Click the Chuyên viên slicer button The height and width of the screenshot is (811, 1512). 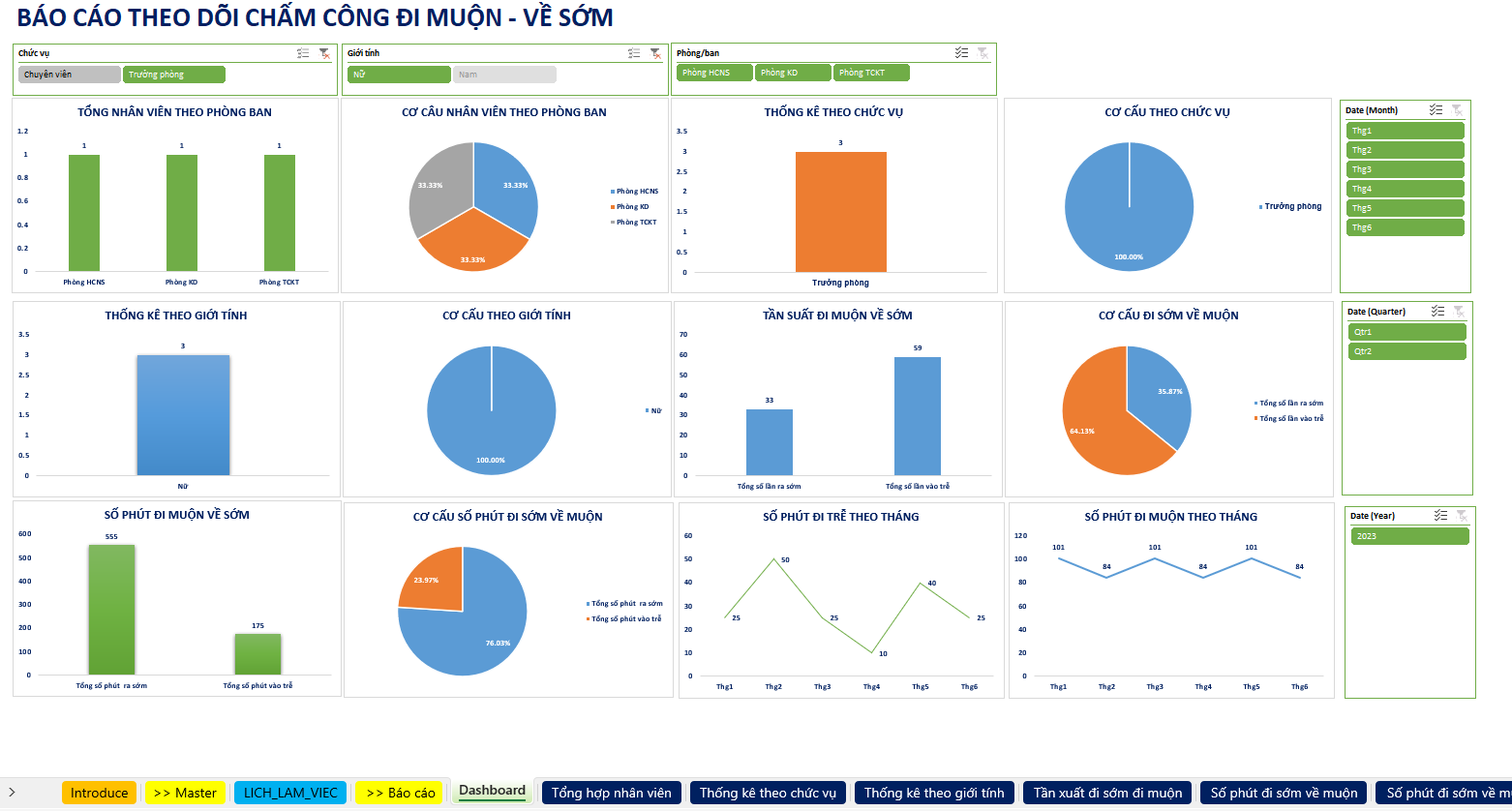(69, 75)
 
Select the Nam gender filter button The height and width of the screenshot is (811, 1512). (503, 75)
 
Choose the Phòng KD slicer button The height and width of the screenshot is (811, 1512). (793, 73)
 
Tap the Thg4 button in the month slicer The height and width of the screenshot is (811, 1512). (1405, 189)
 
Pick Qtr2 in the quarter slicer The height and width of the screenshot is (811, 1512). (1406, 351)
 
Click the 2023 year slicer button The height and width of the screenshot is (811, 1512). (1408, 536)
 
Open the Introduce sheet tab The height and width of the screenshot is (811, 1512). (99, 793)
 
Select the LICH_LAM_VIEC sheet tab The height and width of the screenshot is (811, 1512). (290, 793)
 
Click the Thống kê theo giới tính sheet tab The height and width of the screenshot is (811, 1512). (934, 793)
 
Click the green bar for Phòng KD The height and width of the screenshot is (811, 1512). (182, 213)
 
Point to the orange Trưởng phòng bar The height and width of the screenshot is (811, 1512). (840, 213)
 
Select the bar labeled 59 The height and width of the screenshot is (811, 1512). (917, 416)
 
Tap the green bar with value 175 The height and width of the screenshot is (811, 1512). (257, 654)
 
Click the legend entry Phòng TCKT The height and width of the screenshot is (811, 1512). (636, 222)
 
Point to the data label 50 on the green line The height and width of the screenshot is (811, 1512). (784, 560)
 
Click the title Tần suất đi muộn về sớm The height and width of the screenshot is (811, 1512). (837, 315)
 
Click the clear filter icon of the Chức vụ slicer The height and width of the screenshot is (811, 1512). (324, 54)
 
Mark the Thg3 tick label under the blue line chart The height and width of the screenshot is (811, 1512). (1155, 687)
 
